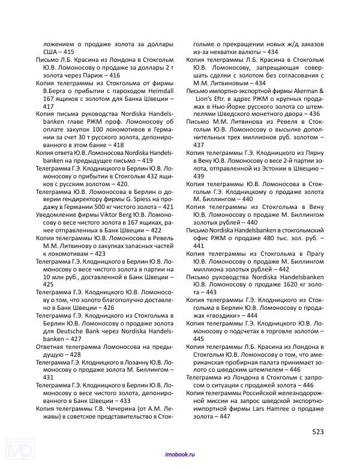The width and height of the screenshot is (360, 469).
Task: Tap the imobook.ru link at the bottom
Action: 180,455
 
